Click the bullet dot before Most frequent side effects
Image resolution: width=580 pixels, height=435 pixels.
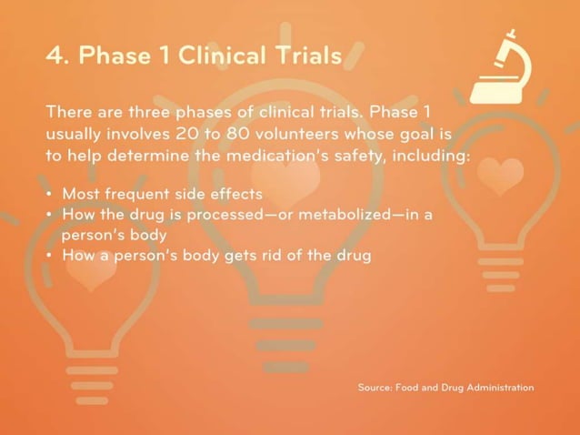(48, 195)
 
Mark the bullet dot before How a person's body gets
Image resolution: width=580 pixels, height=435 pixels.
(48, 256)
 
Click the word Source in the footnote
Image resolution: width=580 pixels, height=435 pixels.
(374, 388)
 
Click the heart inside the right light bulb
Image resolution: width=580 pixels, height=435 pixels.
(500, 177)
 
